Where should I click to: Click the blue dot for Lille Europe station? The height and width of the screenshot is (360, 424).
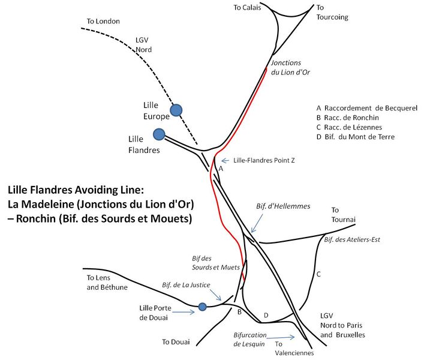coord(176,110)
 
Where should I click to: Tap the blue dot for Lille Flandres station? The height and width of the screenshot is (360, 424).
coord(159,134)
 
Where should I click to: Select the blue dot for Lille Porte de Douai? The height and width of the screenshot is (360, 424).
coord(203,307)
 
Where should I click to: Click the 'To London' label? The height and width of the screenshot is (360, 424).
coord(103,21)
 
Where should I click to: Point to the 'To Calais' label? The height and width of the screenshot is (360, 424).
coord(247,8)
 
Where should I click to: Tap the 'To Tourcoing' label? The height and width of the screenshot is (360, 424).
coord(332,13)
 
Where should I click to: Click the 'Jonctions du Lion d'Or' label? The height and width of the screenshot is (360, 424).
coord(290,68)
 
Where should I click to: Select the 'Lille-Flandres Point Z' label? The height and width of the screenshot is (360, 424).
coord(264,160)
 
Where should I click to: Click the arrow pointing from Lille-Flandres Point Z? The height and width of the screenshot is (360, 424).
coord(225,161)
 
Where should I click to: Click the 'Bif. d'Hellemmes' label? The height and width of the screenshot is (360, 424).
coord(283,206)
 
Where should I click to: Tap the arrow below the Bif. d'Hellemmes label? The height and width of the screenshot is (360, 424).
coord(257,223)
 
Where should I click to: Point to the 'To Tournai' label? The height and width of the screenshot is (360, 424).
coord(344,215)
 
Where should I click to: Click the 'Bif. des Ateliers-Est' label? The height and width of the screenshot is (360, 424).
coord(352,239)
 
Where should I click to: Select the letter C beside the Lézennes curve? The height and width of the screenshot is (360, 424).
coord(318,274)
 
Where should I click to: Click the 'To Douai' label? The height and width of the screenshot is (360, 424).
coord(176,342)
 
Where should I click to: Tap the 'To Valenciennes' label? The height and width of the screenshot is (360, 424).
coord(294,349)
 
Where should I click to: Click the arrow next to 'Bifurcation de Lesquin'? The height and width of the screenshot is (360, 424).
coord(281,337)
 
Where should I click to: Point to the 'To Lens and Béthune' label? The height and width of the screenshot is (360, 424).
coord(107,283)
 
